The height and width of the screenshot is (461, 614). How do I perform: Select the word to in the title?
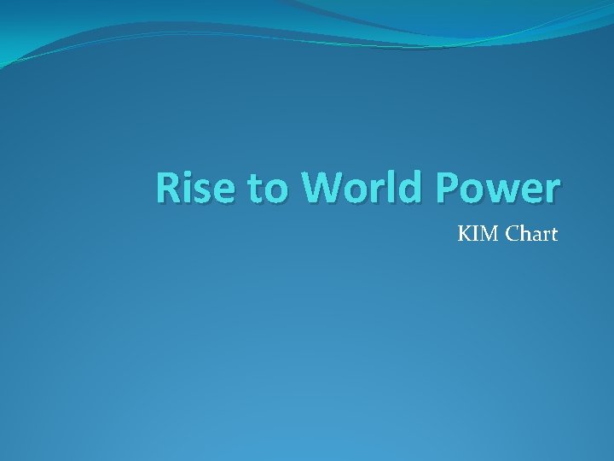[x=266, y=190]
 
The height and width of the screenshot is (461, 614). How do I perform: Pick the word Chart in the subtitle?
[x=531, y=233]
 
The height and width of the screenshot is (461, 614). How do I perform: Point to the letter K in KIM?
[x=466, y=233]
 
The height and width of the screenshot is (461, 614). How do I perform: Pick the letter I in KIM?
[x=477, y=233]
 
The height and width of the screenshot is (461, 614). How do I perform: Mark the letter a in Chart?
[x=536, y=235]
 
